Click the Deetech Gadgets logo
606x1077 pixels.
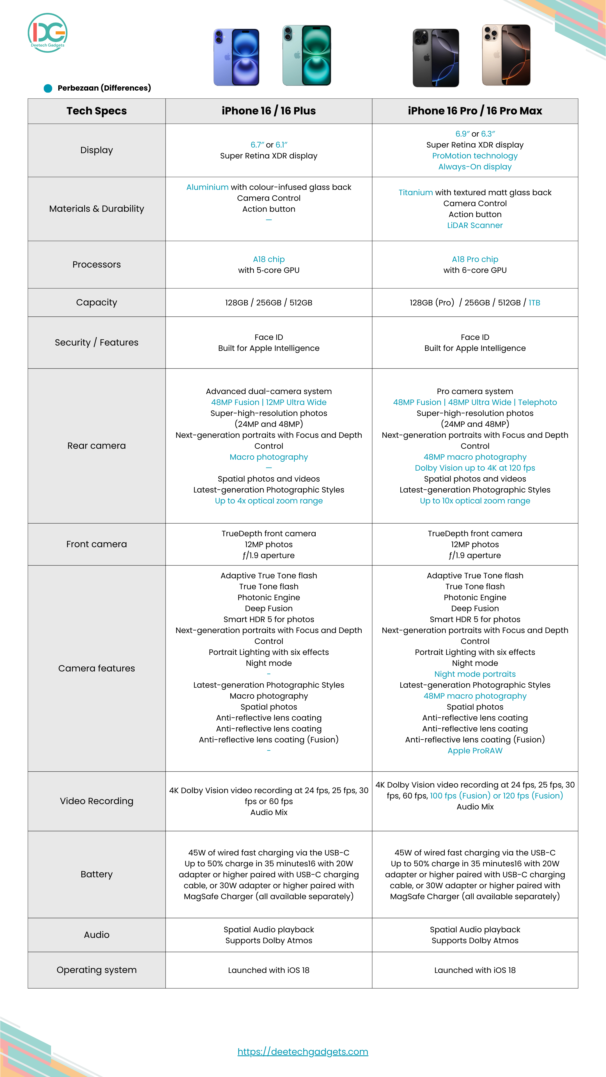48,33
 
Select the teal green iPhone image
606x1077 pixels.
307,56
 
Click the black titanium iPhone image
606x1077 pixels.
436,58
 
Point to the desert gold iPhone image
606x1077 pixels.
506,55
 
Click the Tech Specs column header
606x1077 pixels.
97,111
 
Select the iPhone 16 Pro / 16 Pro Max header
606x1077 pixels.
475,111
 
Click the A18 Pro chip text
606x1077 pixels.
475,259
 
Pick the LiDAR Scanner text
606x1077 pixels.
475,225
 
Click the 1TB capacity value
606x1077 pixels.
534,303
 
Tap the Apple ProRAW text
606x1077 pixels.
475,751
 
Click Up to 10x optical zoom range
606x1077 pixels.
475,501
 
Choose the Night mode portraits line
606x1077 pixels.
475,674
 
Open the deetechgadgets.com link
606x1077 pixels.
303,1051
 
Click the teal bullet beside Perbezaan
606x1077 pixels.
48,88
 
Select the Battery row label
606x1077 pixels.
97,874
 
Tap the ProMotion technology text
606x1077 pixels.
475,156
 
